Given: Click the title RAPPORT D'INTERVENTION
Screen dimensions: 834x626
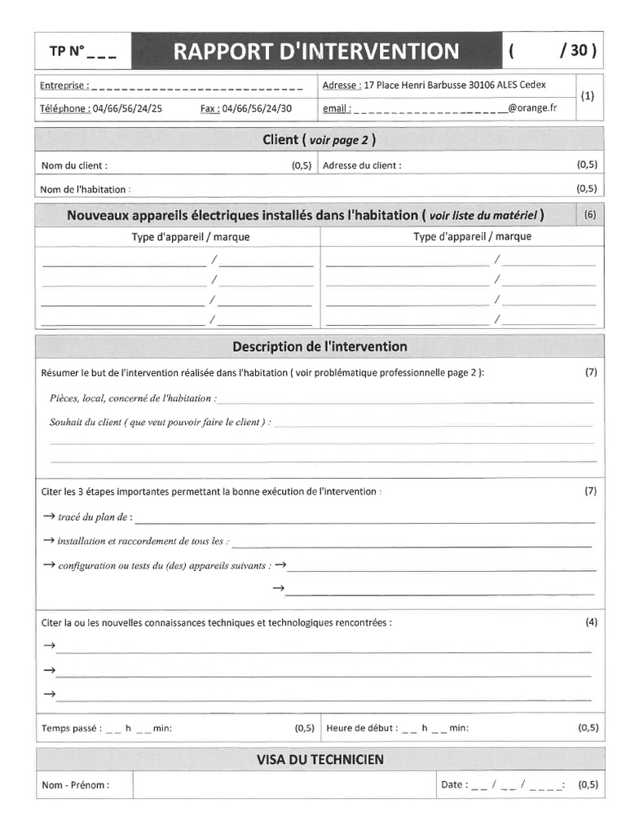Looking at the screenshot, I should [x=316, y=51].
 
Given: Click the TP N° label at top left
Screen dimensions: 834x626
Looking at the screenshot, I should [x=68, y=51].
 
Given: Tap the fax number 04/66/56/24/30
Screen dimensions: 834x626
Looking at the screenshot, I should [x=257, y=108].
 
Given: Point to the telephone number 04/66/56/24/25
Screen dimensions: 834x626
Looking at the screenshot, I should [x=127, y=108].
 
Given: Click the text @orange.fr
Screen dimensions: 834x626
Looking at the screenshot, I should [x=531, y=108].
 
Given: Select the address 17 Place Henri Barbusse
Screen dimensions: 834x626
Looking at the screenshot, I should [x=416, y=85].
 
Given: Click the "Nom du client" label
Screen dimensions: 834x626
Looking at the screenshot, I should [x=74, y=165].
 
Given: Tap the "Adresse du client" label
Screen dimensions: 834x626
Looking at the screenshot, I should [x=362, y=165].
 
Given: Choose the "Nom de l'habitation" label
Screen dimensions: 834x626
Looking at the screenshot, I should [x=83, y=190].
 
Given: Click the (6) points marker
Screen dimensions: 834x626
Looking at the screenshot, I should [x=589, y=215].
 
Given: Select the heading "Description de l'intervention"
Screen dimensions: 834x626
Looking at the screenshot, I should [x=320, y=346].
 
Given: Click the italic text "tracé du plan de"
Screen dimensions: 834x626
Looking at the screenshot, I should [x=94, y=517].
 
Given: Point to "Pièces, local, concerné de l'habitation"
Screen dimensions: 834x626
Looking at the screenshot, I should [x=132, y=398].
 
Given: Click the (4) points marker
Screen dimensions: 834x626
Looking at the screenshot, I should [x=591, y=622].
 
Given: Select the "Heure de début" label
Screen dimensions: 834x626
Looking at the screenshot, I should [x=361, y=728].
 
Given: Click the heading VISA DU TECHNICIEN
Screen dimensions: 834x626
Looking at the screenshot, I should [x=320, y=759].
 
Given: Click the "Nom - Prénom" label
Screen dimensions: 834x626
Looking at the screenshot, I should [x=75, y=785].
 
